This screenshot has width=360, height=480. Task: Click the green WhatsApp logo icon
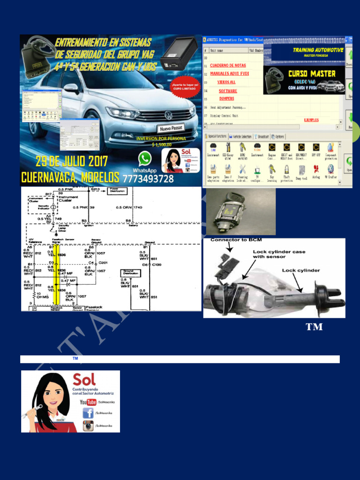[x=145, y=158]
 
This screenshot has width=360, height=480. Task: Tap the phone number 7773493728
[x=148, y=179]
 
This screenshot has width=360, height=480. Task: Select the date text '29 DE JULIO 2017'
[x=72, y=162]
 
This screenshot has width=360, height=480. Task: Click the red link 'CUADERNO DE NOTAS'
[x=228, y=66]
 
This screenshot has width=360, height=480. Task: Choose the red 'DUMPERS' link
[x=226, y=98]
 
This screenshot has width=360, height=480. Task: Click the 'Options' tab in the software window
[x=278, y=136]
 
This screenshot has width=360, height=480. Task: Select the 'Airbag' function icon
[x=316, y=171]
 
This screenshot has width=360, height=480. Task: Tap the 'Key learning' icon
[x=271, y=171]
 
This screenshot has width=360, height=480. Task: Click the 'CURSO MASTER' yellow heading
[x=311, y=74]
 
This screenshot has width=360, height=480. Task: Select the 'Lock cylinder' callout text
[x=300, y=270]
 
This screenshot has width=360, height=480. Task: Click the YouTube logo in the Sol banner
[x=88, y=402]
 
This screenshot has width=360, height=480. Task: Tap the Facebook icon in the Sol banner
[x=88, y=413]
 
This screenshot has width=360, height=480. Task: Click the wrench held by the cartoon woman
[x=29, y=409]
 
